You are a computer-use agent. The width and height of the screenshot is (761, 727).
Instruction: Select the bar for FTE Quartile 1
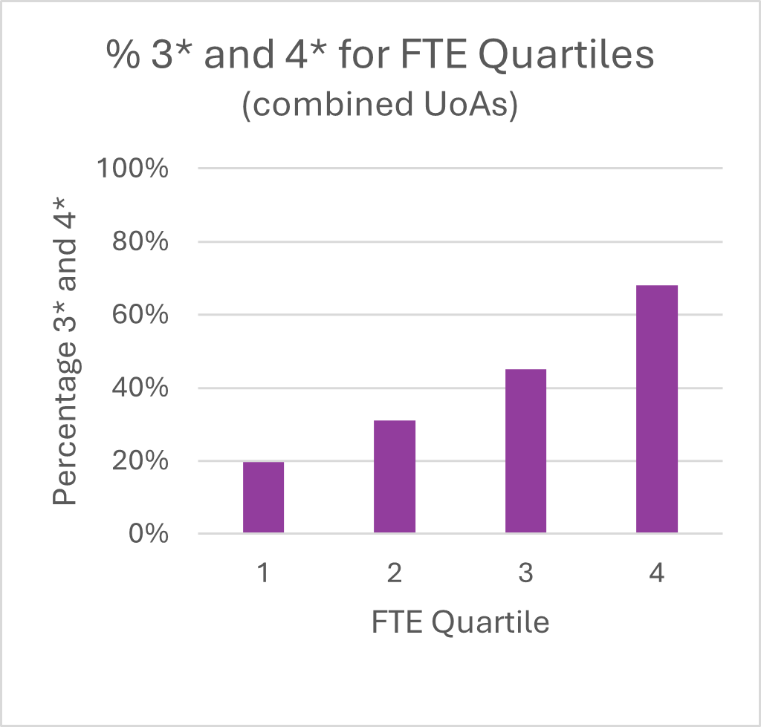pos(263,498)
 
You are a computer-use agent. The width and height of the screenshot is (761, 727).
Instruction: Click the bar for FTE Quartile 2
pos(395,477)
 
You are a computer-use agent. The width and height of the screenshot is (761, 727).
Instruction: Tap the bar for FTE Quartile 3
pos(525,451)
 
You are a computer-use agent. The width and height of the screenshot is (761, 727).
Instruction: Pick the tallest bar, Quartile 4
pos(657,409)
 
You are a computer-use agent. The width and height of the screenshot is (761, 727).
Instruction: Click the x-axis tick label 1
pos(263,573)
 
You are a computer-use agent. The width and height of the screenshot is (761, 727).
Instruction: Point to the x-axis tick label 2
pos(395,573)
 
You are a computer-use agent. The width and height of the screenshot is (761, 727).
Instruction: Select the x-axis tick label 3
pos(525,573)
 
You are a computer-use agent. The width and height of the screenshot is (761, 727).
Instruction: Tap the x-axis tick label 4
pos(657,573)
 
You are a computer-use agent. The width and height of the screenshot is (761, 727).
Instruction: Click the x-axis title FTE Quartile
pos(460,622)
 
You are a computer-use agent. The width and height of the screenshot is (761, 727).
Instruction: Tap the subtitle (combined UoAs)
pos(379,105)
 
